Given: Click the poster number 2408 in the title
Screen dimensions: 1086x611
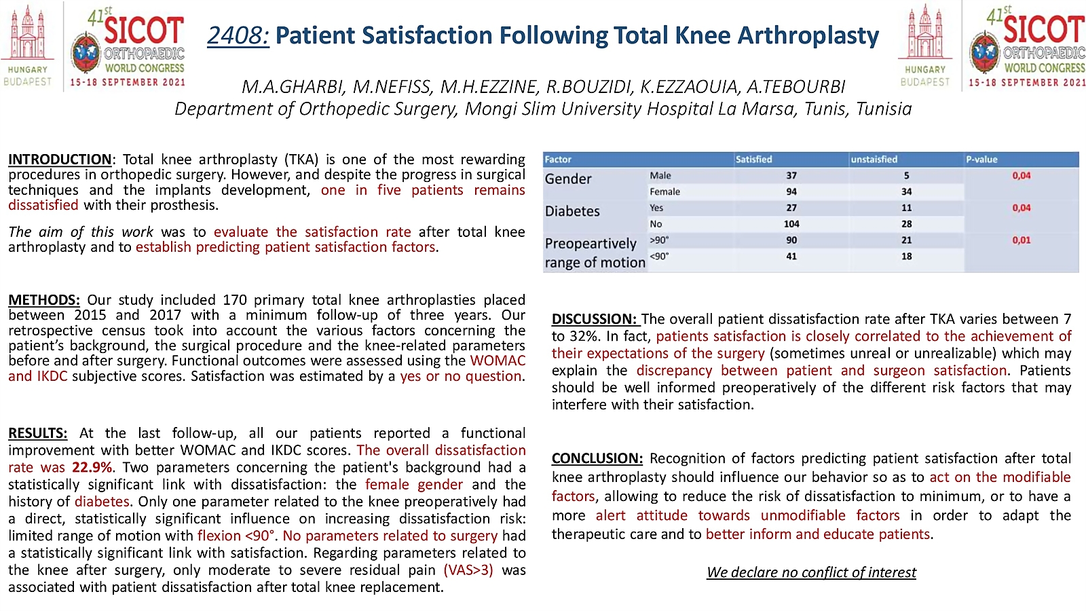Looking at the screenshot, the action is coord(238,35).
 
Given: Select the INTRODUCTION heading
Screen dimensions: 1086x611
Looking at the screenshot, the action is coord(60,160).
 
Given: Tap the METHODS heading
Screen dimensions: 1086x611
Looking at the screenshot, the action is coord(44,300).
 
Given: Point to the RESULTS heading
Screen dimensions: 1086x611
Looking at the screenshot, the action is coord(38,433).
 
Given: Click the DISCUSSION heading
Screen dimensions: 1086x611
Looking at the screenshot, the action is coord(595,319).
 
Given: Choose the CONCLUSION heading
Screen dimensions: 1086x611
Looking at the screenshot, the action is coord(597,458).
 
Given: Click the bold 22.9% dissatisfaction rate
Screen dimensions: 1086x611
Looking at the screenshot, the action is coord(92,468).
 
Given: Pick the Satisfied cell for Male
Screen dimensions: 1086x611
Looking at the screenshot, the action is coord(791,176).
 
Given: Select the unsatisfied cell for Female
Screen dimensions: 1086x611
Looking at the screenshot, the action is coord(907,191).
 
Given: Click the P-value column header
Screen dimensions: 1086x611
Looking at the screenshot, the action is coord(981,159).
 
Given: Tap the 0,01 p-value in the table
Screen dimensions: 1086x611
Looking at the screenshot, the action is coord(1022,240).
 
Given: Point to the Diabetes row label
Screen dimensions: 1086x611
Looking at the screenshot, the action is coord(572,211).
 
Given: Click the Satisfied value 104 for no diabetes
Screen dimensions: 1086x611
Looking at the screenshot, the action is coord(791,224).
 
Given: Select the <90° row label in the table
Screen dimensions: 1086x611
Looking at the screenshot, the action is coord(659,256).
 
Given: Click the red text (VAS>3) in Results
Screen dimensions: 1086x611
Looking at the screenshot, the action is coord(468,570).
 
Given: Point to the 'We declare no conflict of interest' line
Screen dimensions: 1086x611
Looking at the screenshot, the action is coord(811,572).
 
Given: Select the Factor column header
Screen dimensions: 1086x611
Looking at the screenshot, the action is coord(557,159).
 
